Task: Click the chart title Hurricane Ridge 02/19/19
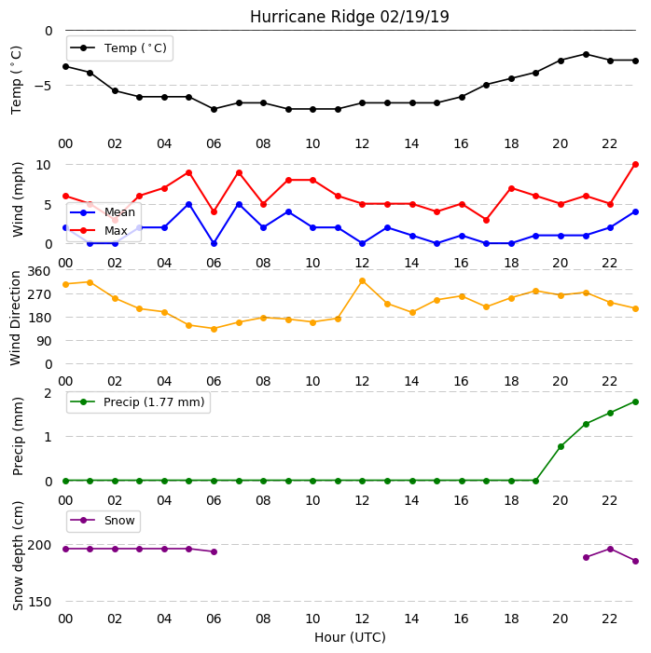[x=350, y=17]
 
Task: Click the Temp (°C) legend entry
[x=119, y=48]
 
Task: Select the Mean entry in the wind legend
[x=103, y=212]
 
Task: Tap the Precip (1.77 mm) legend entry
[x=138, y=402]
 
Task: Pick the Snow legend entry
[x=103, y=521]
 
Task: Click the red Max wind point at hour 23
[x=635, y=165]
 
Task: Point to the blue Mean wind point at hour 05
[x=189, y=205]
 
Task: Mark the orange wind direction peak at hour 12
[x=362, y=281]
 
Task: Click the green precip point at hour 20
[x=561, y=446]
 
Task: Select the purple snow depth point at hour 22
[x=611, y=549]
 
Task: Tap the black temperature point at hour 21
[x=586, y=54]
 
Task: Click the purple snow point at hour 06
[x=214, y=551]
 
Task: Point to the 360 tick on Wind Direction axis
[x=39, y=271]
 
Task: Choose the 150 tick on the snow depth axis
[x=39, y=602]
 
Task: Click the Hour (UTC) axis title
[x=350, y=637]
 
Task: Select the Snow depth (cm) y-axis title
[x=17, y=555]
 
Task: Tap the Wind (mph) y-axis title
[x=17, y=200]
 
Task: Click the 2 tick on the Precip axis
[x=48, y=393]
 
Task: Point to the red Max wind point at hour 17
[x=486, y=220]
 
